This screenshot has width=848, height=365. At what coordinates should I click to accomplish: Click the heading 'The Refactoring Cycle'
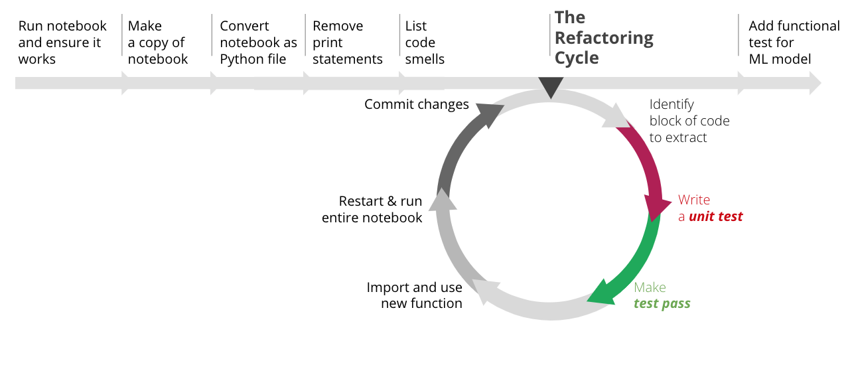[x=604, y=38]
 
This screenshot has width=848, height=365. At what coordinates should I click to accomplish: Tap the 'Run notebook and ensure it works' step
[x=62, y=42]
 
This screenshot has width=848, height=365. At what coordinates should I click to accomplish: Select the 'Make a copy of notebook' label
[x=158, y=42]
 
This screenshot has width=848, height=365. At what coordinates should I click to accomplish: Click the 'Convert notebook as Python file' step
[x=258, y=42]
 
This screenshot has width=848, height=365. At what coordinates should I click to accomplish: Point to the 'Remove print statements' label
[x=347, y=42]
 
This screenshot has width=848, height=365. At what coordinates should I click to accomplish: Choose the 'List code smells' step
[x=425, y=42]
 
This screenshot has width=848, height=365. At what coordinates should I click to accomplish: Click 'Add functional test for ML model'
[x=794, y=42]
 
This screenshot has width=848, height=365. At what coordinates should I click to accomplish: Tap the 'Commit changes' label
[x=416, y=104]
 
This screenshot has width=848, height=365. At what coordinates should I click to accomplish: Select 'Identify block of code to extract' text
[x=689, y=121]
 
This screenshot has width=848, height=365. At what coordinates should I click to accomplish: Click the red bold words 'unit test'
[x=716, y=216]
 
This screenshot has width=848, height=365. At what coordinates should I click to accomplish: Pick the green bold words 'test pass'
[x=662, y=303]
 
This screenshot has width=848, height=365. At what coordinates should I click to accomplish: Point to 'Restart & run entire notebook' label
[x=372, y=209]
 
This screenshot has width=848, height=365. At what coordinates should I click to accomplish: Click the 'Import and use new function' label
[x=414, y=295]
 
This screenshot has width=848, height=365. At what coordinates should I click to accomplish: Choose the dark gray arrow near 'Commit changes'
[x=458, y=146]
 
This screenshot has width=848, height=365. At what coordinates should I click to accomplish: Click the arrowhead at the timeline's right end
[x=815, y=83]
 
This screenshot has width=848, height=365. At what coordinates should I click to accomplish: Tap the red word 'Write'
[x=694, y=200]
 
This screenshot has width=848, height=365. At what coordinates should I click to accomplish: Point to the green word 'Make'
[x=650, y=287]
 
